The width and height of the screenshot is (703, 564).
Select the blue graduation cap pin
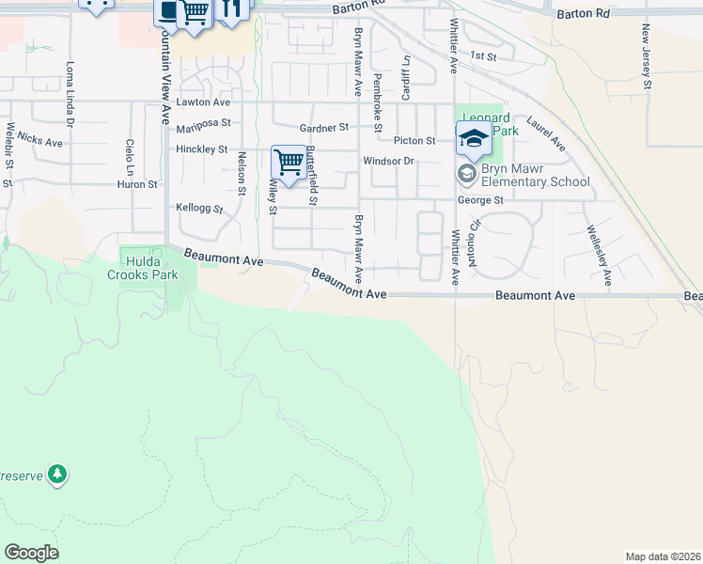[x=473, y=139]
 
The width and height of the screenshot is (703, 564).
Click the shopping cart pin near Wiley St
[x=288, y=162]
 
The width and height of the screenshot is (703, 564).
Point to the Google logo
[x=31, y=553]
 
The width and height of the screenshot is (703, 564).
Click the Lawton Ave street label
[x=203, y=102]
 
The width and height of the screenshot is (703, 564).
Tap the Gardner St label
[x=323, y=127]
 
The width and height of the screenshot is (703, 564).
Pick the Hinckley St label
[x=201, y=149]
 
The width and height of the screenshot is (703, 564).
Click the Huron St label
[x=137, y=184]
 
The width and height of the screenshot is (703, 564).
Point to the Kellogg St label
[x=199, y=208]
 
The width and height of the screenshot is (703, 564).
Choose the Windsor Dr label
[x=389, y=161]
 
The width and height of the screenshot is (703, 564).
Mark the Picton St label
[x=414, y=141]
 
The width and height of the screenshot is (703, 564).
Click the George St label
[x=480, y=200]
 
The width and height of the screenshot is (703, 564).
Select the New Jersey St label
[x=647, y=57]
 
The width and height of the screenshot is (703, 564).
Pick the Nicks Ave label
[x=39, y=140]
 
